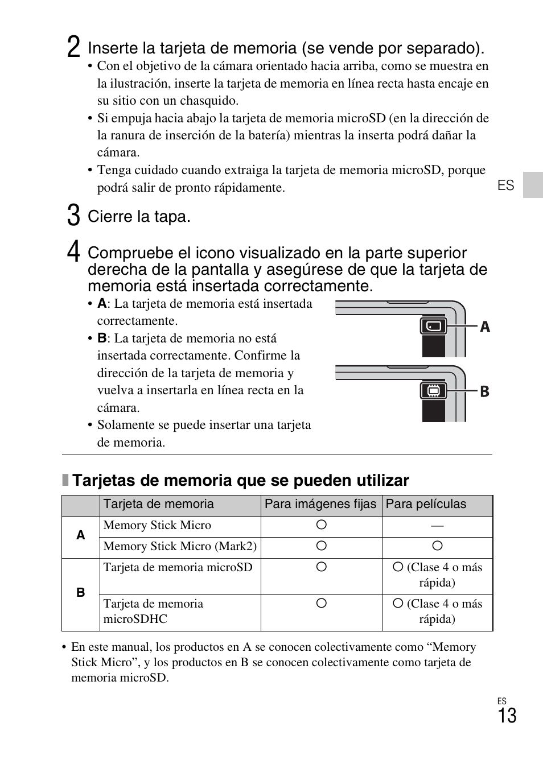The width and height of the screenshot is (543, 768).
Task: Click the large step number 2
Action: [x=73, y=47]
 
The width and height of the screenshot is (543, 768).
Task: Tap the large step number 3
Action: [x=73, y=216]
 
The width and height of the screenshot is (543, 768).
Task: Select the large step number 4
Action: [x=73, y=252]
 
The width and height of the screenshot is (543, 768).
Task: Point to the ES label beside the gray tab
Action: [x=505, y=185]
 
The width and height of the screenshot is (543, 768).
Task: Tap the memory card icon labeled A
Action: [x=434, y=326]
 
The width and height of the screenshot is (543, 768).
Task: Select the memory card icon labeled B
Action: [x=434, y=391]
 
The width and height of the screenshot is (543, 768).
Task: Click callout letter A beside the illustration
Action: [x=484, y=327]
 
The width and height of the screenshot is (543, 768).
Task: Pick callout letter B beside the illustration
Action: [x=484, y=391]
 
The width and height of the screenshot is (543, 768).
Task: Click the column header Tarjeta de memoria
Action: [x=159, y=504]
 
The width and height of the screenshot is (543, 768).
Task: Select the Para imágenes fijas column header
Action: [x=320, y=504]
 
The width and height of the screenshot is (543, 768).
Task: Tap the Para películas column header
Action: [x=426, y=504]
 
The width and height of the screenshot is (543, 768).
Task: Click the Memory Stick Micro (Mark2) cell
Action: [x=180, y=546]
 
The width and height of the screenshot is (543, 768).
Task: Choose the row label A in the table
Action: [x=81, y=535]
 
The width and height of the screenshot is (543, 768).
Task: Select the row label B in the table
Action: [x=81, y=593]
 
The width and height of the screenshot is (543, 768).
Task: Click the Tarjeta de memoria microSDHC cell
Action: [x=153, y=611]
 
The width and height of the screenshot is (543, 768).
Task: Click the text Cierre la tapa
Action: [x=139, y=217]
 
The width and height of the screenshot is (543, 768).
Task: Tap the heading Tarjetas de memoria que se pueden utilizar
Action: [x=240, y=481]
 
